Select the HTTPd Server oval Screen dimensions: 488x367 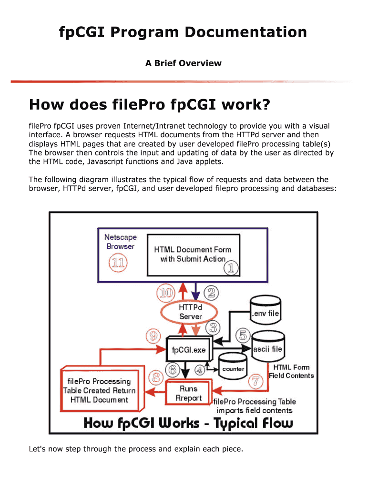click(190, 312)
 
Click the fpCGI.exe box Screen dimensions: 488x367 click(189, 350)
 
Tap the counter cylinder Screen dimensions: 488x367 click(233, 369)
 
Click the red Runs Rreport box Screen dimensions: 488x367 click(189, 393)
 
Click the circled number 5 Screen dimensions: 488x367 click(243, 335)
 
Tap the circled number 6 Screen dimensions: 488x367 click(173, 369)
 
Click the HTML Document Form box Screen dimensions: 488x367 click(193, 254)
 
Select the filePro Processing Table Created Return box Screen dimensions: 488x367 click(99, 390)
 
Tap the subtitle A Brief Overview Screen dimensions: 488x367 click(183, 63)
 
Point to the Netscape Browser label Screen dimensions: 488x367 click(120, 242)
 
